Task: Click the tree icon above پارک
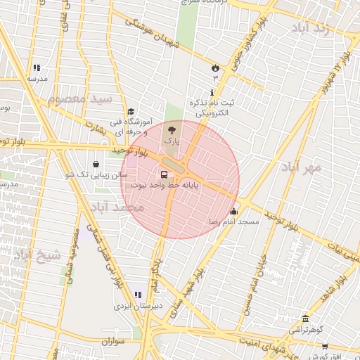(x=172, y=129)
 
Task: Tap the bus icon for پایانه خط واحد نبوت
(x=164, y=174)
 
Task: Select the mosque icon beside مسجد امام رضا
(x=233, y=211)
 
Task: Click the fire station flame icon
(x=215, y=67)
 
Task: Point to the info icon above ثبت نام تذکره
(x=212, y=93)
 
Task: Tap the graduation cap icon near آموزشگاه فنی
(x=131, y=111)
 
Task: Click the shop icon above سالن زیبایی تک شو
(x=95, y=163)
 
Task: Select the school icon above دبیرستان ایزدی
(x=138, y=295)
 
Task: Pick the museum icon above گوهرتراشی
(x=304, y=319)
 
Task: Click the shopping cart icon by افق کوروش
(x=325, y=346)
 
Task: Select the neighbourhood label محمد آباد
(x=118, y=207)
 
